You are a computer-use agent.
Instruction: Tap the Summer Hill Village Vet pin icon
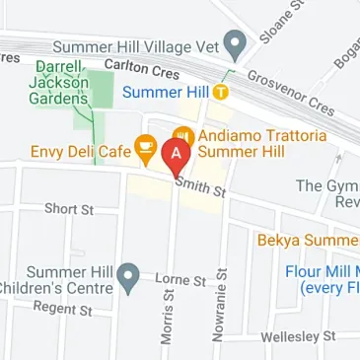click(x=235, y=43)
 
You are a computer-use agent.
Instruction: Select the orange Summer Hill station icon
click(x=222, y=92)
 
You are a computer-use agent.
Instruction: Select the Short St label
click(x=68, y=209)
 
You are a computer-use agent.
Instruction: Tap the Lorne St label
click(x=180, y=280)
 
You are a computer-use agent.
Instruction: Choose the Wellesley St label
click(x=298, y=337)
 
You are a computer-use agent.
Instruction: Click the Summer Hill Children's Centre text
click(x=57, y=280)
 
